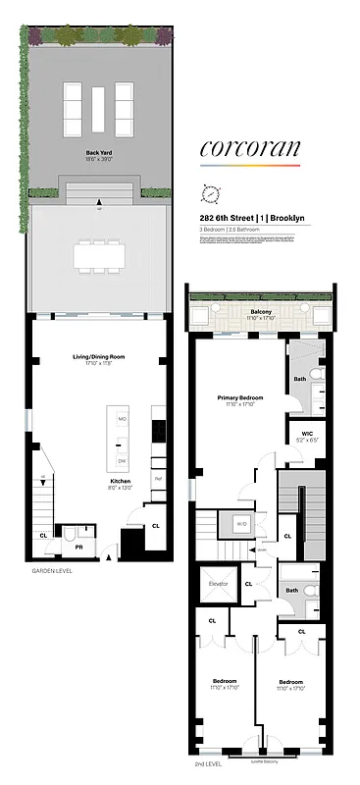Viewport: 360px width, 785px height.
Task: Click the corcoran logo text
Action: coord(249,149)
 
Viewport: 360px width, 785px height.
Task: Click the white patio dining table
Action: coord(96,255)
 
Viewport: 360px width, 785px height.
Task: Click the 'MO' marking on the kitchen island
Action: coord(123,419)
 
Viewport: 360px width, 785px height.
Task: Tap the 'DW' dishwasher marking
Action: coord(123,460)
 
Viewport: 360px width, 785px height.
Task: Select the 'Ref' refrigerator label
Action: coord(157,478)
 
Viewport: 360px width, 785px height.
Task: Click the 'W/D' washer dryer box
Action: coord(240,523)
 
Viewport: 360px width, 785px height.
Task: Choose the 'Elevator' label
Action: coord(218,585)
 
